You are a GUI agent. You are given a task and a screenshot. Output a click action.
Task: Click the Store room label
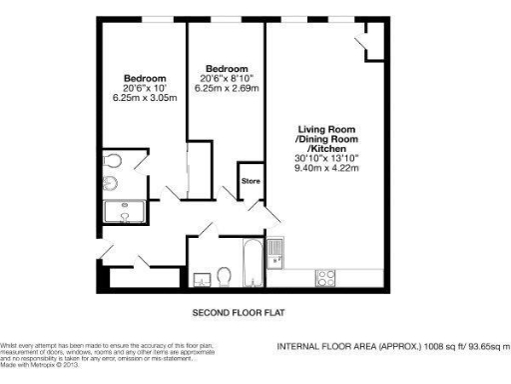(251, 182)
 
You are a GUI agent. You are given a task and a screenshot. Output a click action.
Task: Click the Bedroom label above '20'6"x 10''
(145, 78)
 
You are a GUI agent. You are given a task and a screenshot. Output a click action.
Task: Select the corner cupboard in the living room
(370, 40)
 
